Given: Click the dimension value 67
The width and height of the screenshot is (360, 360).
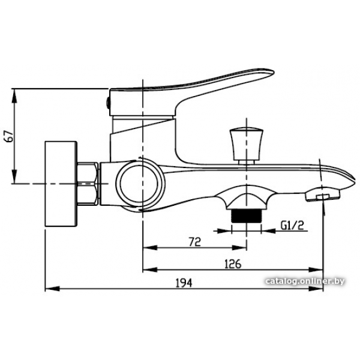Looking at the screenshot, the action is tap(10, 136).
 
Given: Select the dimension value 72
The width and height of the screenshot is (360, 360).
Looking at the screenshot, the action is tap(194, 242).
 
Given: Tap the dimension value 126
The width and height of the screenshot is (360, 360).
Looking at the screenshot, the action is tap(233, 264).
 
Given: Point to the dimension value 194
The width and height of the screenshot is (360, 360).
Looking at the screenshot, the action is tap(184, 283).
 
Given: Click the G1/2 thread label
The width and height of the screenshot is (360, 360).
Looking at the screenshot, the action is tap(292, 225).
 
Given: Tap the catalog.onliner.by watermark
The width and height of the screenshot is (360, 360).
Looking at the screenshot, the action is tap(305, 281).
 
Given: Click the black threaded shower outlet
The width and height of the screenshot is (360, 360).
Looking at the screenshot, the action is tap(247, 216).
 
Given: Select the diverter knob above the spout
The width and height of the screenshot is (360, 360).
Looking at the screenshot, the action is tap(247, 145).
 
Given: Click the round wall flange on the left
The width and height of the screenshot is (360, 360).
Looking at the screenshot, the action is tap(61, 184).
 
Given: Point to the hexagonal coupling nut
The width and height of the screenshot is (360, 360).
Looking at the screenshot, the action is tap(88, 184).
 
